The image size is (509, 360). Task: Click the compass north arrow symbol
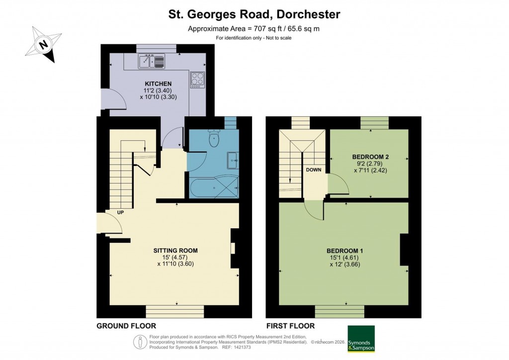[44, 45]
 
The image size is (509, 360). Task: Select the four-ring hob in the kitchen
[197, 80]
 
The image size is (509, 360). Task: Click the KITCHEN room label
[158, 84]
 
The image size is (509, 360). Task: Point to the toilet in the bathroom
[214, 139]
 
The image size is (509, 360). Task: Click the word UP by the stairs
[120, 212]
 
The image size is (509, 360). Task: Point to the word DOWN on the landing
[314, 170]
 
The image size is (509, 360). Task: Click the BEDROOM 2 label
[370, 157]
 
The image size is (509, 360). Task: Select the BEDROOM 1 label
[344, 250]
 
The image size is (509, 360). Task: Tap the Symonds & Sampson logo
[361, 339]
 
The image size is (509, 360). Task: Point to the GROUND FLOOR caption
[126, 326]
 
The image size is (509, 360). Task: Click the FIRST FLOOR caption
[290, 326]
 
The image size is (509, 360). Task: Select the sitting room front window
[175, 311]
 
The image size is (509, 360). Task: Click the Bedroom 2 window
[374, 122]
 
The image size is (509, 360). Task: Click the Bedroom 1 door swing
[314, 211]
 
